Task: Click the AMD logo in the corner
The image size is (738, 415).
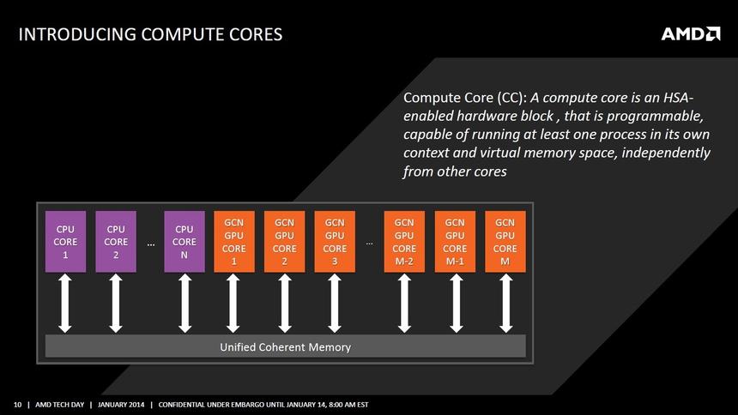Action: point(690,33)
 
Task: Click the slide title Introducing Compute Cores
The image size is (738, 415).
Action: point(150,34)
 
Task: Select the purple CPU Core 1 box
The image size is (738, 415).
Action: point(65,242)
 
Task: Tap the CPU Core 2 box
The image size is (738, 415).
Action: point(116,242)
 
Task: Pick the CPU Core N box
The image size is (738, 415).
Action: point(184,242)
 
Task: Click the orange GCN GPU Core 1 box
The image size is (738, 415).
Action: point(234,242)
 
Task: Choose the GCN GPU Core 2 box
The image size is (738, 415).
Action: point(284,242)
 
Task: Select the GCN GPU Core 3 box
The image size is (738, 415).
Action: point(335,242)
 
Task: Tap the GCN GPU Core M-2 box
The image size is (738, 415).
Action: point(404,242)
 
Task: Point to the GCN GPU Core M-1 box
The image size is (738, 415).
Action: point(456,242)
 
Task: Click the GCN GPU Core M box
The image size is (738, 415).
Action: point(505,242)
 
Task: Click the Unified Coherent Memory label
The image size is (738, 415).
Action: point(285,346)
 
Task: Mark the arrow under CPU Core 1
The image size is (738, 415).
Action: point(65,304)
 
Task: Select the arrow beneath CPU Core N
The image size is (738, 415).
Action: point(184,304)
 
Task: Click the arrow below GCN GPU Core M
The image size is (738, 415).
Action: point(505,304)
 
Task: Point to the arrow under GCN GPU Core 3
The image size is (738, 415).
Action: point(335,304)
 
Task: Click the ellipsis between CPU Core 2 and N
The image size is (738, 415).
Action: point(150,244)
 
